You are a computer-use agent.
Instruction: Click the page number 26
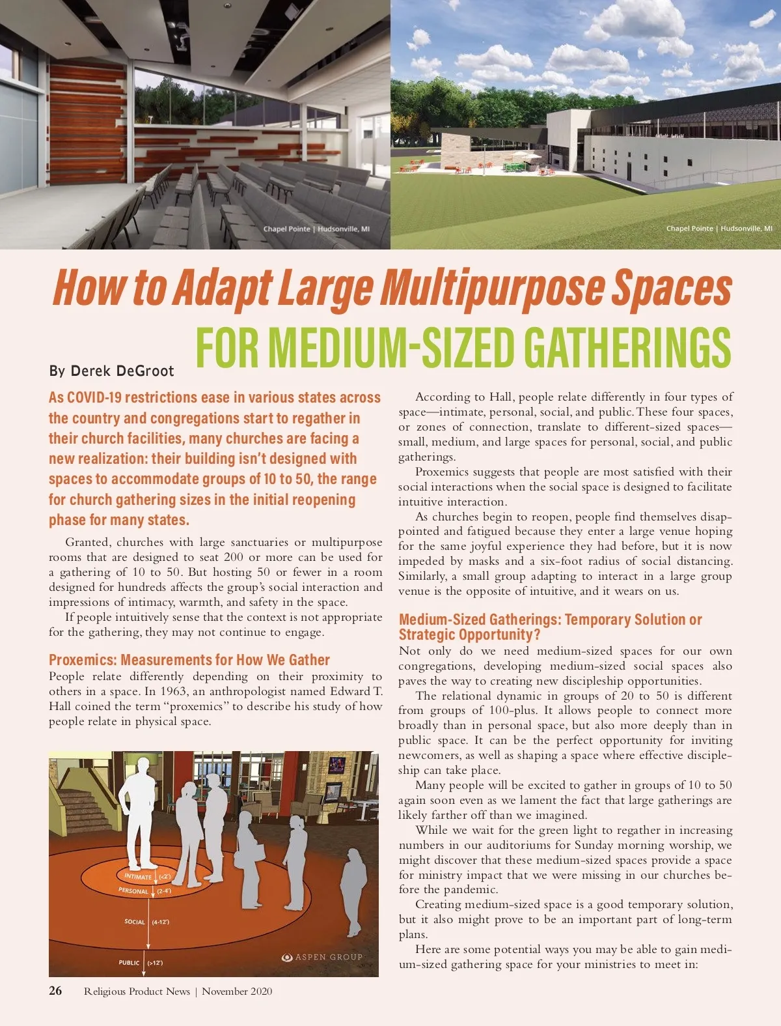55,991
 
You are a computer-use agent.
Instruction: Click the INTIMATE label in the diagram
138,877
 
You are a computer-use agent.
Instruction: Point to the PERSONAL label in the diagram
133,891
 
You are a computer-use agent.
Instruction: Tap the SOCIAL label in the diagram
135,922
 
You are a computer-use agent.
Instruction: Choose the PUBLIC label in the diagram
129,962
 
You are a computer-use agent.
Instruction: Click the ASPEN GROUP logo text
328,957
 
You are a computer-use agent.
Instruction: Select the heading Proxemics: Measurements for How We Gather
189,660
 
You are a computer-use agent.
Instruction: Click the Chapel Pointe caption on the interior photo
316,229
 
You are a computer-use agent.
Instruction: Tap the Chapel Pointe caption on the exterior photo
719,229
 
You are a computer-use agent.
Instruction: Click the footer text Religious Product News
137,991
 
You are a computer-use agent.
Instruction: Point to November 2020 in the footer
237,991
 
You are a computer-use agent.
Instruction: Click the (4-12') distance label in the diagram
161,922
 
